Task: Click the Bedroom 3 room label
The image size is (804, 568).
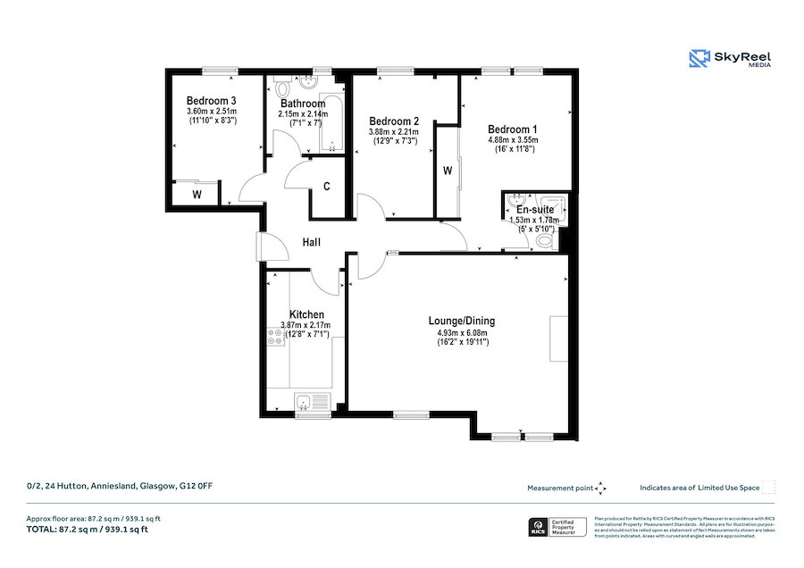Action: (212, 101)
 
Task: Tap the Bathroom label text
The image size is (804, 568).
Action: (302, 104)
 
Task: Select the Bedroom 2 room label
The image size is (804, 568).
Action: (394, 121)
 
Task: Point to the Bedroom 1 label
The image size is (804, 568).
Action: (511, 129)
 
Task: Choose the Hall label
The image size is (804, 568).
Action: (311, 243)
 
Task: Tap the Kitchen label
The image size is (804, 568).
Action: (306, 314)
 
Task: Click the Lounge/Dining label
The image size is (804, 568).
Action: (462, 322)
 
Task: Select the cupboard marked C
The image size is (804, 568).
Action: (327, 187)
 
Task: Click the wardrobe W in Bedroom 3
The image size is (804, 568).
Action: (196, 194)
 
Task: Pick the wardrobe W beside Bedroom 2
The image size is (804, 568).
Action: (448, 171)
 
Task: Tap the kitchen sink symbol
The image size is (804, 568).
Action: (312, 401)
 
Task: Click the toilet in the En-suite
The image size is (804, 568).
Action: (544, 238)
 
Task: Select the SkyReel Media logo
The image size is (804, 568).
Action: (730, 60)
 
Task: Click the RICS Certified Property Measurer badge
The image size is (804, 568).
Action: (555, 527)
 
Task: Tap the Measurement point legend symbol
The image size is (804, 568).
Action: (601, 488)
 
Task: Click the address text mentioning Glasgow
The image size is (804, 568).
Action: (120, 486)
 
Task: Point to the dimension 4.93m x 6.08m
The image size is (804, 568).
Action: (462, 333)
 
